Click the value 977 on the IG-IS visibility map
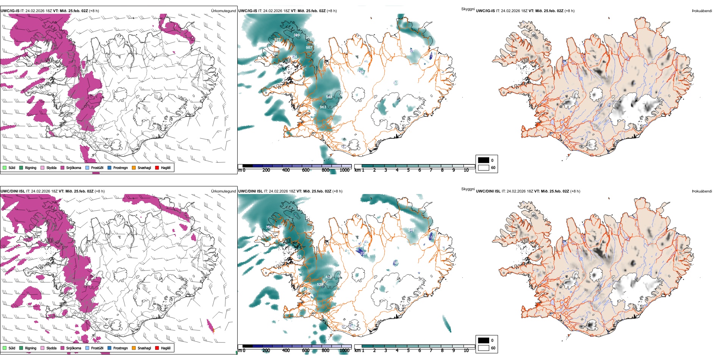277,40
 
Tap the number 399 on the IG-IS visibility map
296,35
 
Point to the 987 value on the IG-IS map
309,47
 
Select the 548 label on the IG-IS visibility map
329,97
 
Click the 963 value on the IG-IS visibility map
323,107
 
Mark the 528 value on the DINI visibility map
320,285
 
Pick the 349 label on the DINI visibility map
411,230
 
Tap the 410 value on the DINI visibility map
329,277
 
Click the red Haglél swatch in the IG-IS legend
157,167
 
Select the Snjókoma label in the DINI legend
74,348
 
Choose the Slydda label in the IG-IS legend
51,167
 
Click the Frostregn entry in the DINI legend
121,348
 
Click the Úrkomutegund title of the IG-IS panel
223,11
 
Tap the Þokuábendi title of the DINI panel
702,191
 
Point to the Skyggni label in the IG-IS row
468,9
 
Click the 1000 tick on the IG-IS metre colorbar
344,170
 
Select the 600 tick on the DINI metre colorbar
305,351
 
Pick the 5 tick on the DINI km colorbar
408,351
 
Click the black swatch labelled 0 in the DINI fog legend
484,340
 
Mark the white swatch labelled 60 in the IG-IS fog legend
484,167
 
